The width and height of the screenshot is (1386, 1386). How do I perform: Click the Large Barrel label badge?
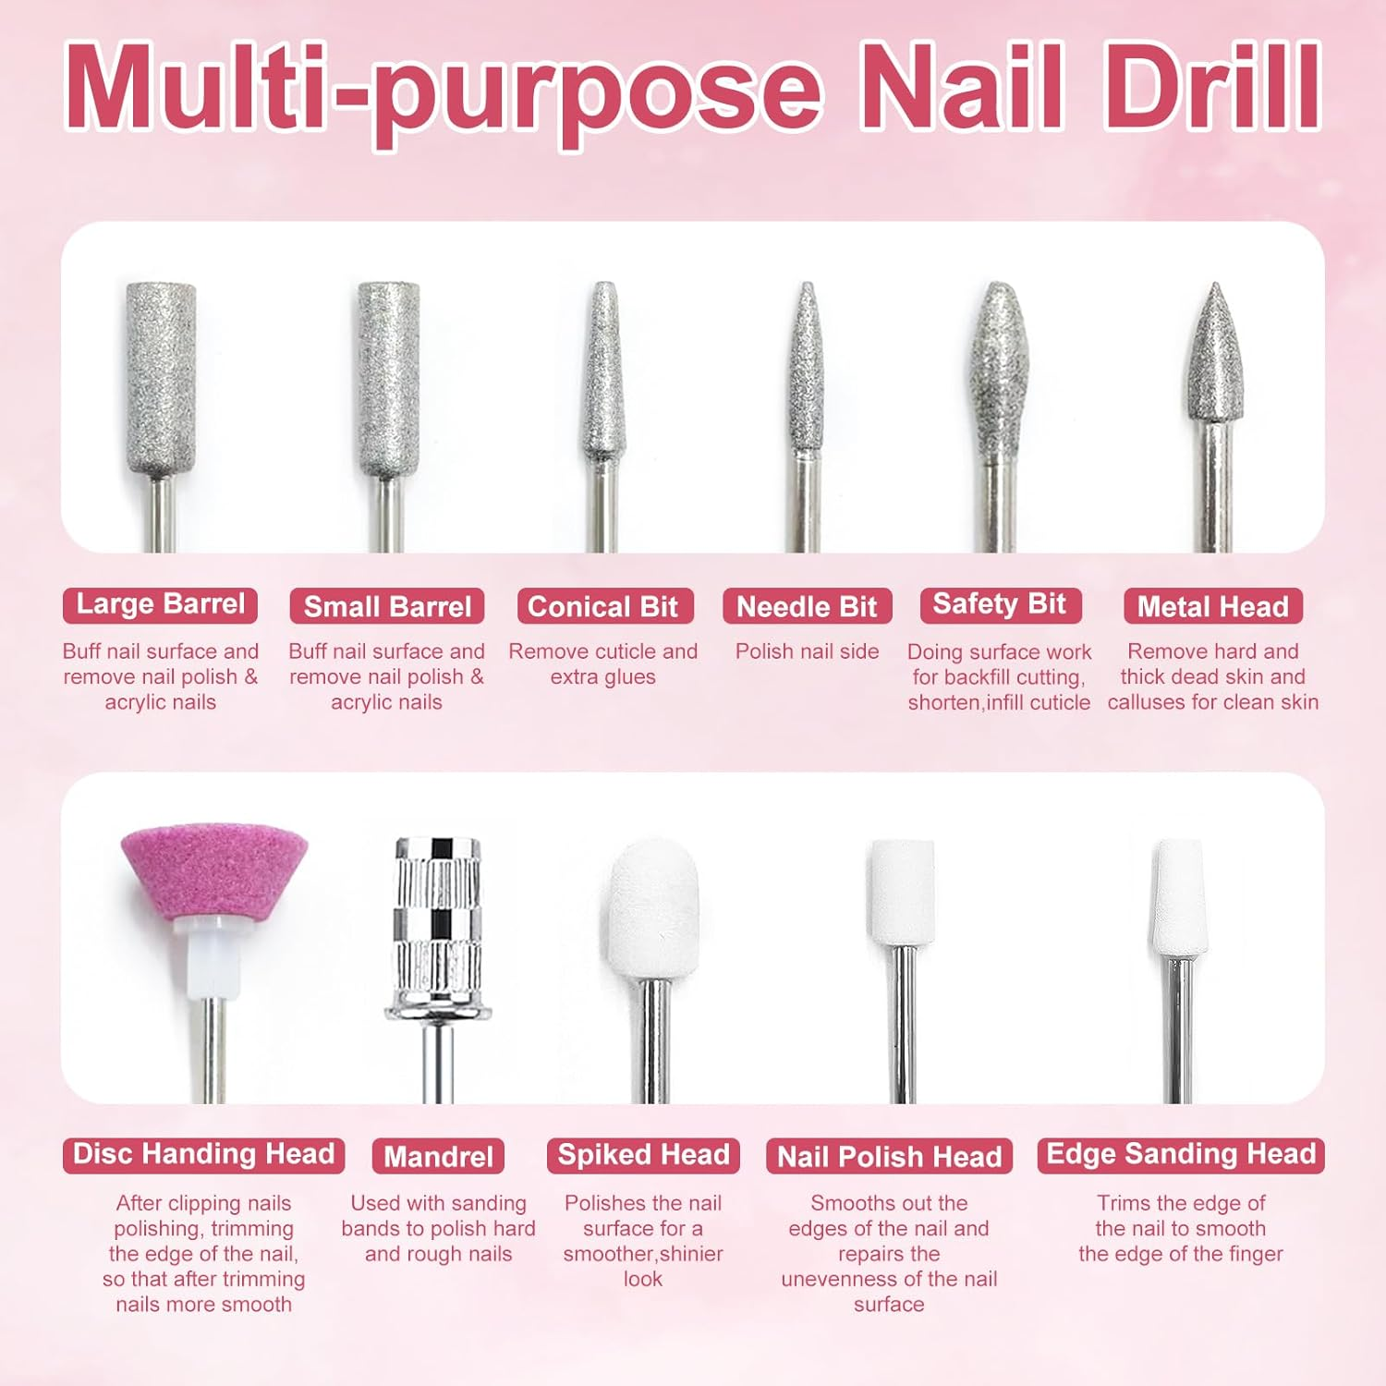click(160, 605)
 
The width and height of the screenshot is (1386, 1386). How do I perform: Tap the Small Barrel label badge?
click(387, 606)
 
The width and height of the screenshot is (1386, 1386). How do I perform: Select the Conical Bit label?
click(604, 606)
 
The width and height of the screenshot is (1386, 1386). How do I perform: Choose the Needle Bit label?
click(807, 606)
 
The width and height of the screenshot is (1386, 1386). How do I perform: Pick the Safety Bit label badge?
click(1000, 605)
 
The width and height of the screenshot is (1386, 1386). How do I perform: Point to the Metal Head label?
click(1213, 606)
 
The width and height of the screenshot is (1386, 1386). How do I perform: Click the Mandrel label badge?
click(438, 1156)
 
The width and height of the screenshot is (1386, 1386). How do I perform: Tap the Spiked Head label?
click(643, 1155)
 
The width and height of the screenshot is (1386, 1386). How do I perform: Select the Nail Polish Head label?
click(889, 1156)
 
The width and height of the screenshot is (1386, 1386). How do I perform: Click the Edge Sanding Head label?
click(1181, 1155)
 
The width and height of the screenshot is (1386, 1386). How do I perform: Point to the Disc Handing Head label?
click(203, 1155)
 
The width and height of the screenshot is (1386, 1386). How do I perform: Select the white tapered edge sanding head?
click(1179, 896)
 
